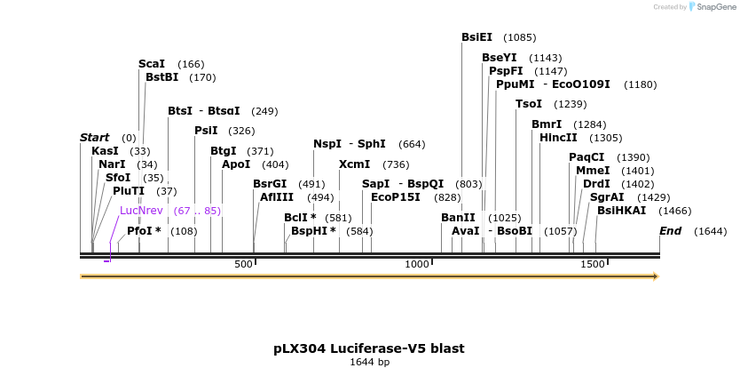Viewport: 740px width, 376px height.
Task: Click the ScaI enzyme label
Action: coord(152,64)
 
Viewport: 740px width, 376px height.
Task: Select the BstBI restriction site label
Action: coord(163,77)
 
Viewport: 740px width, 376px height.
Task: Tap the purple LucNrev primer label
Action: coord(141,211)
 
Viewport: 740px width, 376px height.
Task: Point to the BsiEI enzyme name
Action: coord(476,37)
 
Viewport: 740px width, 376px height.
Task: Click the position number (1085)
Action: coord(519,37)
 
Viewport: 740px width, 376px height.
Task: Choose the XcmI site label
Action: coord(354,164)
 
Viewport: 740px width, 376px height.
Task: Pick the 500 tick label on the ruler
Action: coord(243,265)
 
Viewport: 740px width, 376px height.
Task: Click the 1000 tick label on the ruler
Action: coord(417,265)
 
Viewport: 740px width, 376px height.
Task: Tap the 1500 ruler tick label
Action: coord(592,265)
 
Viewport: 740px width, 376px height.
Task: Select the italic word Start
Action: coord(94,138)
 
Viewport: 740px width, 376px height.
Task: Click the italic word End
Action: coord(670,231)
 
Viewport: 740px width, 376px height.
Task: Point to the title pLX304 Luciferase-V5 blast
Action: coord(369,348)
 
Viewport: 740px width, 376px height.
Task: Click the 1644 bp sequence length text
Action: coord(369,363)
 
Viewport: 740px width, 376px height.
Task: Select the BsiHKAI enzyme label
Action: coord(621,211)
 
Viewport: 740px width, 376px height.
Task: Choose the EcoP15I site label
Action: coord(395,197)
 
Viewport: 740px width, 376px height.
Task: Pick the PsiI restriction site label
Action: coord(206,131)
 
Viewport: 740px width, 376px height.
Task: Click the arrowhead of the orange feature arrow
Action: coord(656,276)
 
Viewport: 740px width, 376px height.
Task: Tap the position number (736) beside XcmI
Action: coord(396,164)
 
